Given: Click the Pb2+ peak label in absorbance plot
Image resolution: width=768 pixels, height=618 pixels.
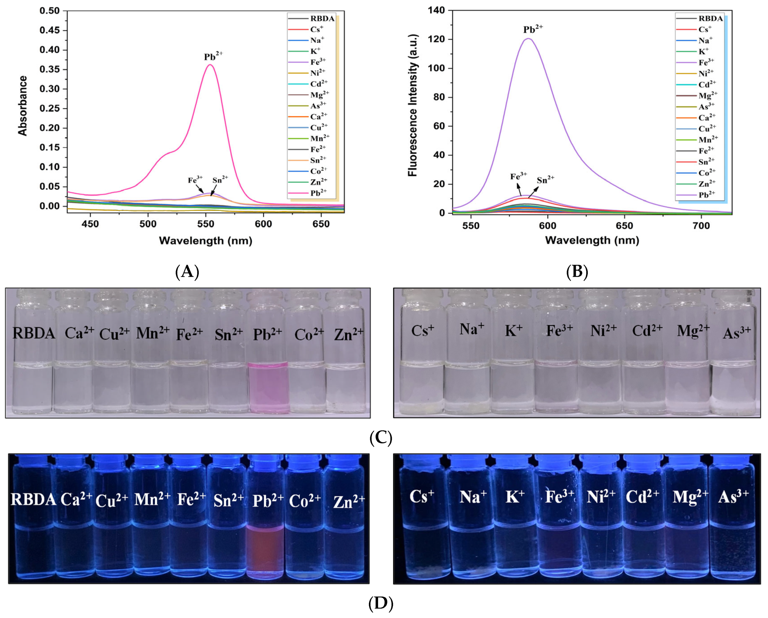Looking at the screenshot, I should point(213,56).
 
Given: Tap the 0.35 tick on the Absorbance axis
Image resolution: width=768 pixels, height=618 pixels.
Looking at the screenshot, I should point(49,69).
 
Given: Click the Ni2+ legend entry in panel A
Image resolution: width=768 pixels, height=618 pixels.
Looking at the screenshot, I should point(317,73).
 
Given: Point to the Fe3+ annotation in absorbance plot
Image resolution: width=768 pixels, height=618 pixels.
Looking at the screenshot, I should point(195,180).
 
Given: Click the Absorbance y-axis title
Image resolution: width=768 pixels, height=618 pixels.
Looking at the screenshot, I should point(23,106).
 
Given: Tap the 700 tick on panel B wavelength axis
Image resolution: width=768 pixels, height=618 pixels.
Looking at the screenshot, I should point(701,226).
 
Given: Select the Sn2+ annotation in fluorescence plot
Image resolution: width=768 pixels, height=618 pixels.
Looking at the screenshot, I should point(545,180).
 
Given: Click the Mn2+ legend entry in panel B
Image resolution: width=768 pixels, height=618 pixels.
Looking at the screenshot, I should point(707,139).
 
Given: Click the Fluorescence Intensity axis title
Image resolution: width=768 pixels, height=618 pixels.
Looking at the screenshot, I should point(413,105).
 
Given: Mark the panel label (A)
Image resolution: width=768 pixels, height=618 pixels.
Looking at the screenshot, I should point(187,272).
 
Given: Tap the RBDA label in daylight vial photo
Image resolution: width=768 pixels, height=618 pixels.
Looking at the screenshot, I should point(34,334).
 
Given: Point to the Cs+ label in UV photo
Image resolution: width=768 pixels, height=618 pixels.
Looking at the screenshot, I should point(422,497).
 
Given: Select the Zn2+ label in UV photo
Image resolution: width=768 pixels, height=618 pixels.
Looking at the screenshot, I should point(349,501).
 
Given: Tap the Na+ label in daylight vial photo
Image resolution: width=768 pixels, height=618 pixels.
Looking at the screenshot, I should point(471,328).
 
